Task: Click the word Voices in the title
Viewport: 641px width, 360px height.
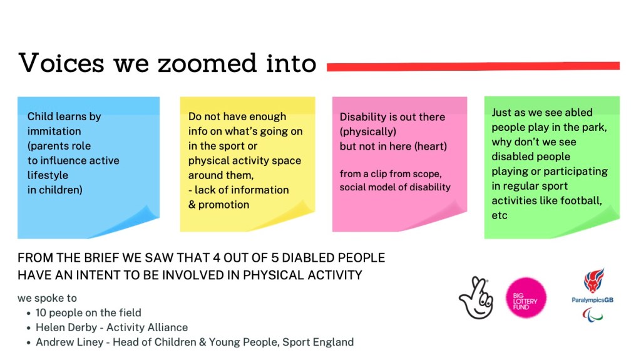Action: coord(62,63)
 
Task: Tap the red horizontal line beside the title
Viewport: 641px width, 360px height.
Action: coord(473,66)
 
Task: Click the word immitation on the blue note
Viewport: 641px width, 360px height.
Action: coord(54,131)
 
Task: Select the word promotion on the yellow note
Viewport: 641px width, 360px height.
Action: coord(223,205)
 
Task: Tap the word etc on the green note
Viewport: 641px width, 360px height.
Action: coord(499,215)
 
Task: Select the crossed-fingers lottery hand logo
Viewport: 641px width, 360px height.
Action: coord(476,298)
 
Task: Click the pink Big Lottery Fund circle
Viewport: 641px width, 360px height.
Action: coord(526,298)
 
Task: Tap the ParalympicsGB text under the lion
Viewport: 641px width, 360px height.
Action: coord(592,300)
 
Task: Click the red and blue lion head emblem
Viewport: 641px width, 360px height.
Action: coord(593,280)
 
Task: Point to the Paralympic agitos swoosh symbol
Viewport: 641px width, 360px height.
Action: coord(592,315)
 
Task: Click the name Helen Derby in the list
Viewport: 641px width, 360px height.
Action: coord(66,327)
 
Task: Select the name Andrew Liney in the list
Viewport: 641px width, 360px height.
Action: coord(69,342)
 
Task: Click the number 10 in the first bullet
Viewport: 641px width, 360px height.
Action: coord(41,313)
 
